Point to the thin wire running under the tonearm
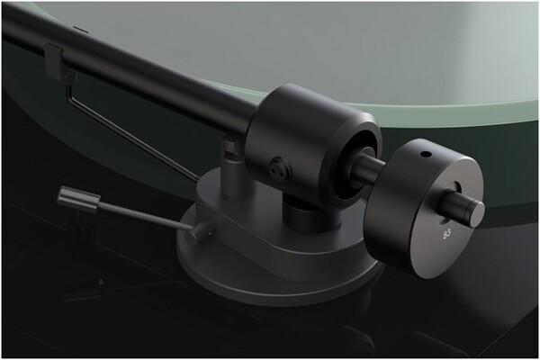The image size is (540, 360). (x=135, y=135)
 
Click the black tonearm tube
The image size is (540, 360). (x=135, y=67)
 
